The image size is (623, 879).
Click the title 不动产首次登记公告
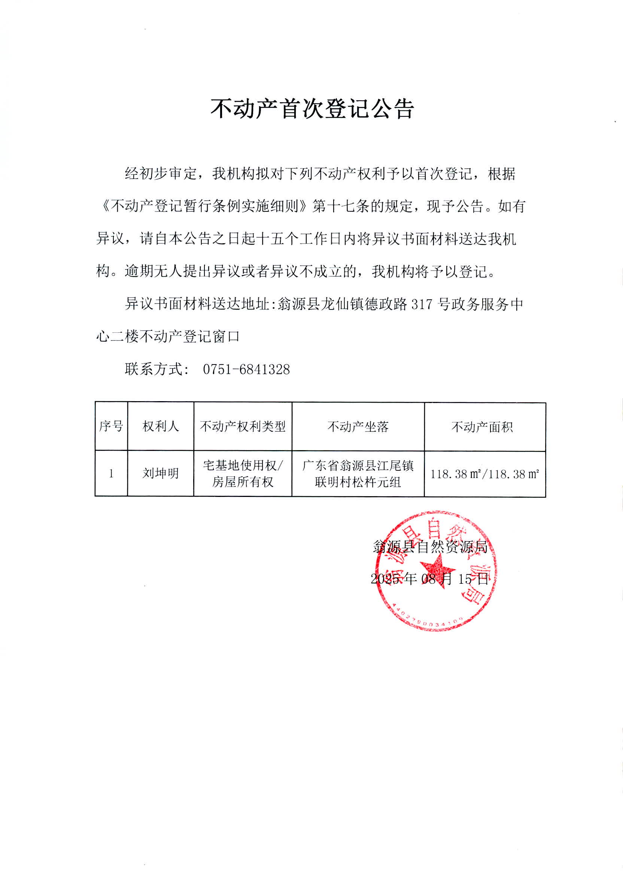click(312, 109)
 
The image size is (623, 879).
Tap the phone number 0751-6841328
click(246, 370)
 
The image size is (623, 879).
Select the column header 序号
click(111, 426)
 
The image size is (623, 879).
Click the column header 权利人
click(161, 426)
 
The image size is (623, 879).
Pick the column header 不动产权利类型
click(243, 426)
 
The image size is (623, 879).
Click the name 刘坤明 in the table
click(161, 473)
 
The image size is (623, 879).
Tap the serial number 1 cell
click(111, 474)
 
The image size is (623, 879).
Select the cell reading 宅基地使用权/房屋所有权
click(243, 474)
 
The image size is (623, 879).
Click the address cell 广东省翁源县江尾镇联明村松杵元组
click(358, 474)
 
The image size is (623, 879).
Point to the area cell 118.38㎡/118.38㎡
click(484, 474)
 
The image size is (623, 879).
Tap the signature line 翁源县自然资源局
click(431, 547)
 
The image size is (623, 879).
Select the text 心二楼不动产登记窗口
click(168, 337)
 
